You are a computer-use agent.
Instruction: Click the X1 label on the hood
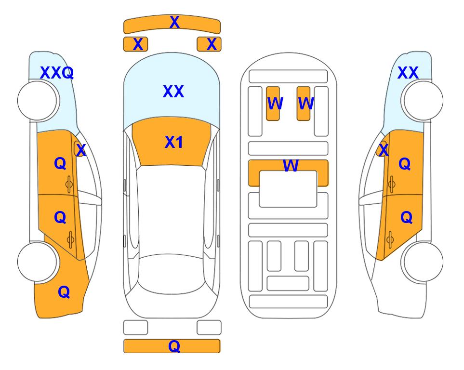174,142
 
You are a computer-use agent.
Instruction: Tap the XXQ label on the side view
57,73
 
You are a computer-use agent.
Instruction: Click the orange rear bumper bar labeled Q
172,346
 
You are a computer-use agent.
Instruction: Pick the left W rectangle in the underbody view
273,104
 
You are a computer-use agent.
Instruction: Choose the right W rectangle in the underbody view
304,104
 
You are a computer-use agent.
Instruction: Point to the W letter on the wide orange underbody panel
291,165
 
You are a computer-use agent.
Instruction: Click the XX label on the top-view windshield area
173,92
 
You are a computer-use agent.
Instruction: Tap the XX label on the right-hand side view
408,73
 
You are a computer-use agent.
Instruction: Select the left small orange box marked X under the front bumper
135,44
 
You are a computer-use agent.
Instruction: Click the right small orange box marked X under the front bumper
209,44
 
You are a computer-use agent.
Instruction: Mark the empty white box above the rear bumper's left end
135,328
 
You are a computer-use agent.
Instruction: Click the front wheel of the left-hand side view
37,101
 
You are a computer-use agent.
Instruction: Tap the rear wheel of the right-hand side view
423,262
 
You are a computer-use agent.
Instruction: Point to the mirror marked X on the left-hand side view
79,149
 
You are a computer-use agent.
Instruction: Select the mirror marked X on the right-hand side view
382,149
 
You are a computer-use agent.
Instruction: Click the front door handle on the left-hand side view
69,185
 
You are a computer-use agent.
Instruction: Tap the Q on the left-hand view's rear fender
64,292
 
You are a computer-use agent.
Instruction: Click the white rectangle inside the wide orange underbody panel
288,189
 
